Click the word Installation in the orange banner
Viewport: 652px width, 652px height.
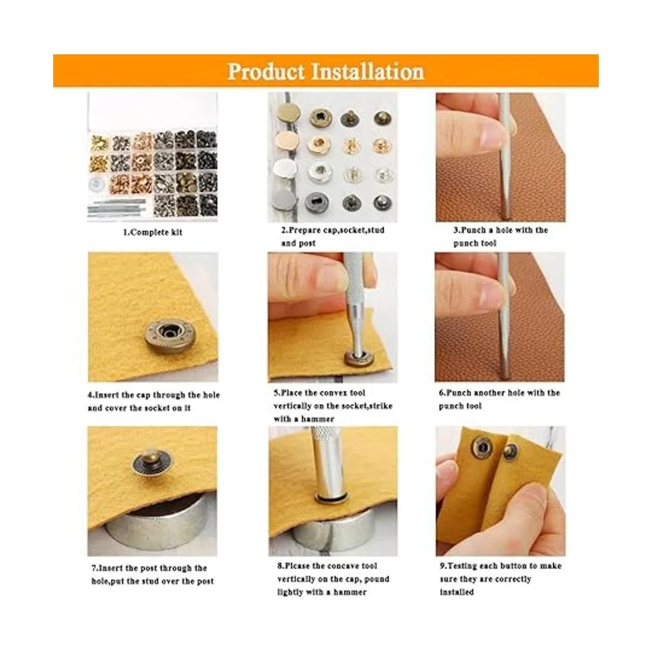click(367, 72)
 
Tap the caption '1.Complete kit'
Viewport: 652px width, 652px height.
click(153, 233)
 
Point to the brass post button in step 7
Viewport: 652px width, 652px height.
click(152, 462)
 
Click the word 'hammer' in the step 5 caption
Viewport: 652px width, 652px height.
click(318, 419)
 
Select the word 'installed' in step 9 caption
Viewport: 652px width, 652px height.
click(457, 592)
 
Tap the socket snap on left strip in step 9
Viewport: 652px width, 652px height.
click(482, 448)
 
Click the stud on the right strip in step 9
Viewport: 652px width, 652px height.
click(509, 452)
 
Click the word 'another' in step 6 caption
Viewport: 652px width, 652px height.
click(493, 393)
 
